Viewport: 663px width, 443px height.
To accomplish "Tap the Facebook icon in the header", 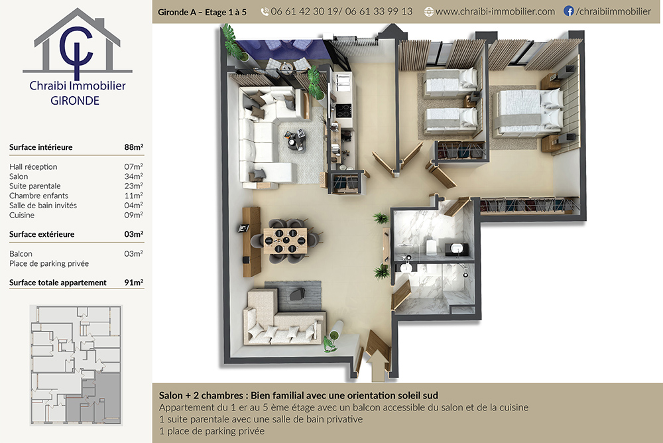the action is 569,11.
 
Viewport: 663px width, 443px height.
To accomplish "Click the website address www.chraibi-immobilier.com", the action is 495,12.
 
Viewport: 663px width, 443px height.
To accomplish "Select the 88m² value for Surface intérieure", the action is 134,147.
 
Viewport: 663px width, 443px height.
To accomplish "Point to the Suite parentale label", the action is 35,186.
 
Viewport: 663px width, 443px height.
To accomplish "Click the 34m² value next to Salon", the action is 134,176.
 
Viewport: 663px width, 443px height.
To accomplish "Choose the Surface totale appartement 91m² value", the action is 134,283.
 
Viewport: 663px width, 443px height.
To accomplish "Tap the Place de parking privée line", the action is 49,263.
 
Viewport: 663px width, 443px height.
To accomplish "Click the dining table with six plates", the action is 285,241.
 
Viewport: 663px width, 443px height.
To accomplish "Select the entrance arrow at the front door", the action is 378,366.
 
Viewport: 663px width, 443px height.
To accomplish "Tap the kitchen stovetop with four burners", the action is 343,111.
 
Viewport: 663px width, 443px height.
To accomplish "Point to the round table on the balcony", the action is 287,66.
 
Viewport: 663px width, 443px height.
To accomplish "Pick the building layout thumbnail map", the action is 76,365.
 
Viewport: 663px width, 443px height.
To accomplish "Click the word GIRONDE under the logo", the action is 75,101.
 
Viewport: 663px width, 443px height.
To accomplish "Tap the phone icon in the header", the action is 265,12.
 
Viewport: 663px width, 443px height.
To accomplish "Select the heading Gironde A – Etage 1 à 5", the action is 202,13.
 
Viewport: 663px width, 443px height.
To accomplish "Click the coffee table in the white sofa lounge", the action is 296,140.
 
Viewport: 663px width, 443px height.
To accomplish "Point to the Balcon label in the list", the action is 21,254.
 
